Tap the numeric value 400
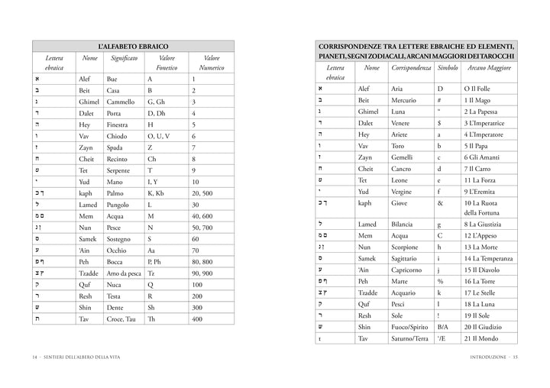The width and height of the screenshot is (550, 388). click(x=197, y=318)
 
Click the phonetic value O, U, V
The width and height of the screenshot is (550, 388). click(x=160, y=136)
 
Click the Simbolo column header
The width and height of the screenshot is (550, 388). click(x=448, y=68)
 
